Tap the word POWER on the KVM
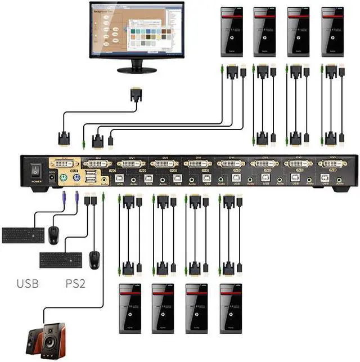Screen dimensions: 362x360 coord(37,182)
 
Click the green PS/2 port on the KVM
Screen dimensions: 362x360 coord(64,178)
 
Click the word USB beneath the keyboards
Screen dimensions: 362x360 coord(28,283)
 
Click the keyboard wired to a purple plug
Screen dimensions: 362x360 coord(23,235)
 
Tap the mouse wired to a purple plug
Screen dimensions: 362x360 coord(53,235)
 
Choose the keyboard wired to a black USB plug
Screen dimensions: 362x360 coord(61,260)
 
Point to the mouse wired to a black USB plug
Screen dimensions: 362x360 coord(94,259)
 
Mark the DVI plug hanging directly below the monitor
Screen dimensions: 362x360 coord(136,95)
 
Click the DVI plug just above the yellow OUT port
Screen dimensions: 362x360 coord(63,137)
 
